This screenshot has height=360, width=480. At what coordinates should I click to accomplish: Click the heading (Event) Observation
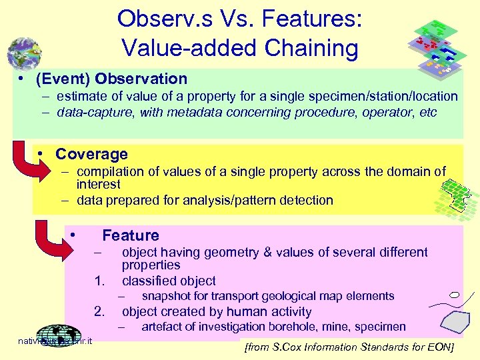111,79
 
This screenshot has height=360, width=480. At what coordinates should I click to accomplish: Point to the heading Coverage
91,154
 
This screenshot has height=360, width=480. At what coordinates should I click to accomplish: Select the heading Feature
131,235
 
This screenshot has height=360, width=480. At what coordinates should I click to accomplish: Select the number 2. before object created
100,311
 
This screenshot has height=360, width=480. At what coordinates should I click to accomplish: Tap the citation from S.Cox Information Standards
349,347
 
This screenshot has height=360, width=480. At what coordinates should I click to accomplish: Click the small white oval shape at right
454,294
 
